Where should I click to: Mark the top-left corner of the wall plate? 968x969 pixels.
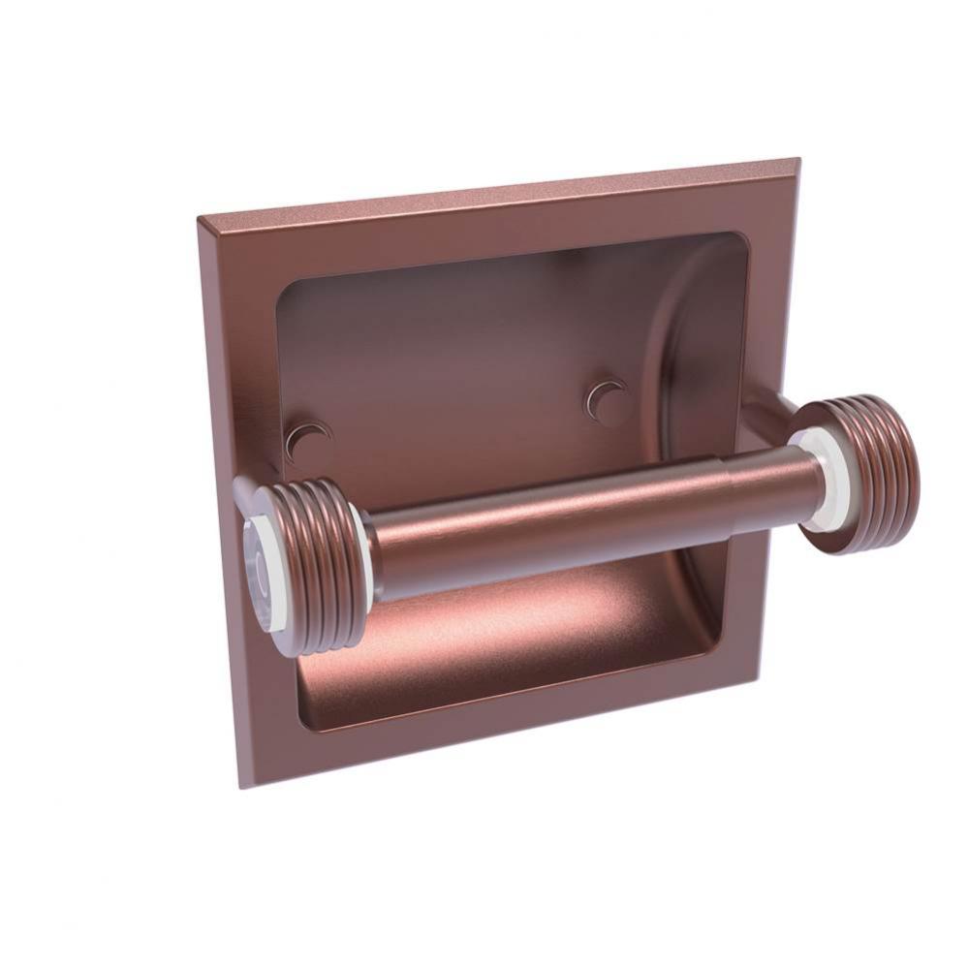tap(199, 219)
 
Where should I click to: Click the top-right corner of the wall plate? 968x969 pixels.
tap(798, 160)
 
